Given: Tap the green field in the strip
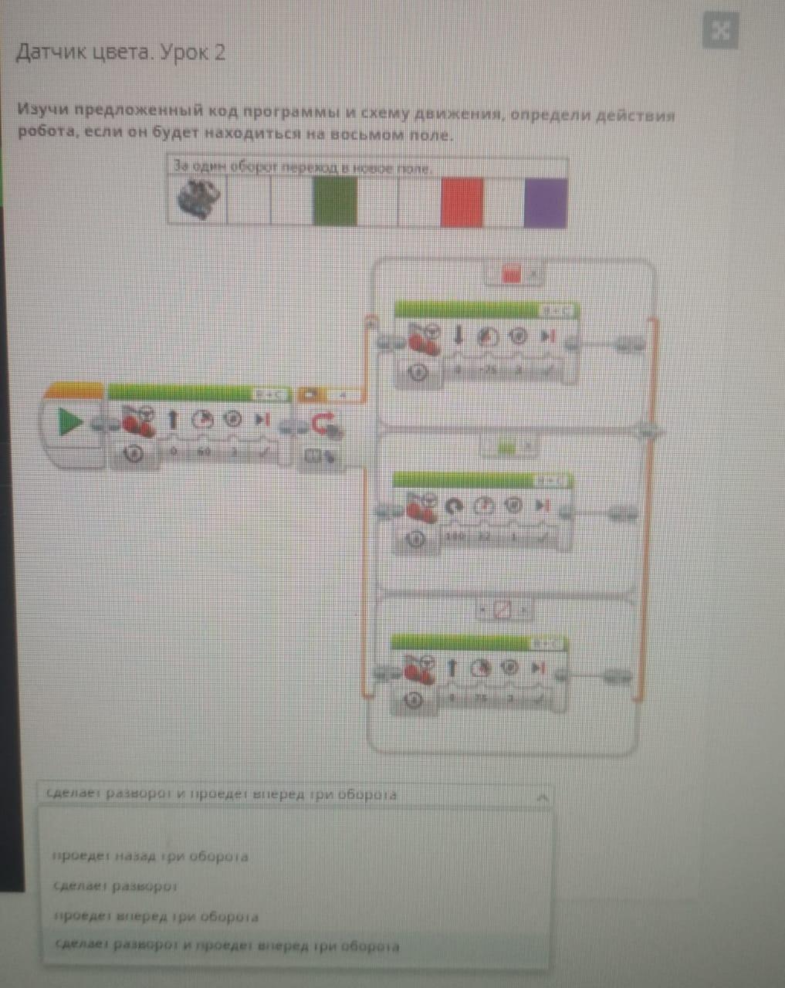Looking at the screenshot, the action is coord(335,201).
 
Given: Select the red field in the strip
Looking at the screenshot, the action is coord(462,202).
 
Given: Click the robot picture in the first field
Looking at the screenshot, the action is coord(198,199).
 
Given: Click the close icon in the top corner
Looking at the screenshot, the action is coord(721,31).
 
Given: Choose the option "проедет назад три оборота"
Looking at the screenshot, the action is coord(151,856).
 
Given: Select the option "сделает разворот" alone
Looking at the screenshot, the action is coord(116,886).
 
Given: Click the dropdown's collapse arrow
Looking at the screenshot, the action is coord(543,796).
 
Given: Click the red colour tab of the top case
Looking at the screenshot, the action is coord(512,273).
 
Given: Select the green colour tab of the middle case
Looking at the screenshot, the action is coord(506,446).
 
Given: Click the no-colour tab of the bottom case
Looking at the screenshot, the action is coord(502,611).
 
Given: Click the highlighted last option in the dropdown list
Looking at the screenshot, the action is coord(228,946).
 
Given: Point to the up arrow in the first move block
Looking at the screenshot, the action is coord(173,420).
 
